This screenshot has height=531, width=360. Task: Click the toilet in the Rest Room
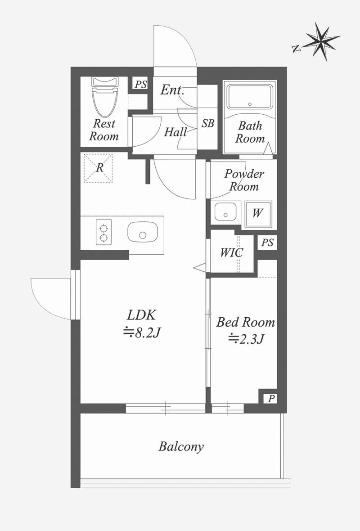coord(105,96)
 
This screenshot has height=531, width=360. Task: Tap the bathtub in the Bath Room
coord(250,96)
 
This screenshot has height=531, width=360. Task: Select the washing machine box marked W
coord(258,214)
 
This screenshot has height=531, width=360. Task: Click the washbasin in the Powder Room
coord(225,212)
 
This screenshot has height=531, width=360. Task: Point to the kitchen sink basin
coord(143,233)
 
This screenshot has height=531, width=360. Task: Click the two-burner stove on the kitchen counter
coord(103,232)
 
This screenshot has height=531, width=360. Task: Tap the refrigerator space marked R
coord(98,168)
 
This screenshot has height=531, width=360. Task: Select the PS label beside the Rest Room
coord(140,84)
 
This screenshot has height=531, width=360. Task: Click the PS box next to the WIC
coord(267,243)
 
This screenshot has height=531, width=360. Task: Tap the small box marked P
coord(271,399)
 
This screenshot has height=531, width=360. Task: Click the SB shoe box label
coord(208,123)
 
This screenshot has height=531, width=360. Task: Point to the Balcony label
coord(181,447)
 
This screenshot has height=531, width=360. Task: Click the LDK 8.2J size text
coord(142,333)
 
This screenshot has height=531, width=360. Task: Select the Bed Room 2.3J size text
coord(246,338)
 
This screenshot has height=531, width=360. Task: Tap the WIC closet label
coord(231,252)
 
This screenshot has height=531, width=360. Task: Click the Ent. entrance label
coord(172,90)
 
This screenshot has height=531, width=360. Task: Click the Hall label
coord(175,132)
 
